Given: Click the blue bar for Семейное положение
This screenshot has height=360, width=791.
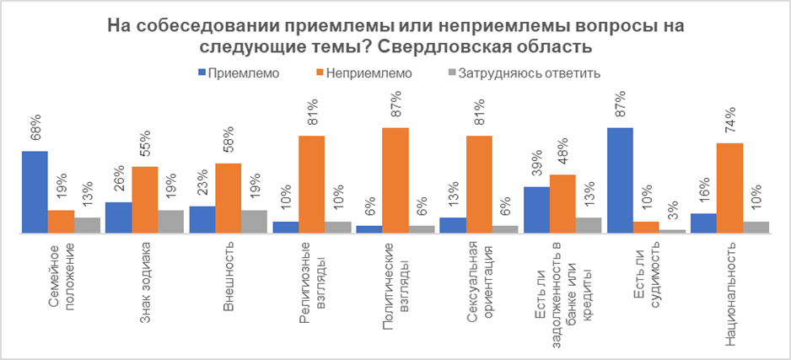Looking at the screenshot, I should coord(35,191).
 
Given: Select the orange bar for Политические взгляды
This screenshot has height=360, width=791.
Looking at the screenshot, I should coord(395,180).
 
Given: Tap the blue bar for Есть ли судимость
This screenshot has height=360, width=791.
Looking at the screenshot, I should coord(620,180).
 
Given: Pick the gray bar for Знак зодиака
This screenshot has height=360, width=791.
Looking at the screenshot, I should coord(171,221).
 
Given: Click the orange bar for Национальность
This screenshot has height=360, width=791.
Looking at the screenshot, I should coord(729,187).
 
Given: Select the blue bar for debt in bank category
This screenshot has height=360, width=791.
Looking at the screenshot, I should coord(536,209).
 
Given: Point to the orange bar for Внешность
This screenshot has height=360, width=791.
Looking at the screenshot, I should coord(228,197).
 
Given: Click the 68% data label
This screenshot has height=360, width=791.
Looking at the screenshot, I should coord(34,133).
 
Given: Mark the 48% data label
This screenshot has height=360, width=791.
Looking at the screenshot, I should coord(563,157).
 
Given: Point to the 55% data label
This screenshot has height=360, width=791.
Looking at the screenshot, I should coord(145,148).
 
